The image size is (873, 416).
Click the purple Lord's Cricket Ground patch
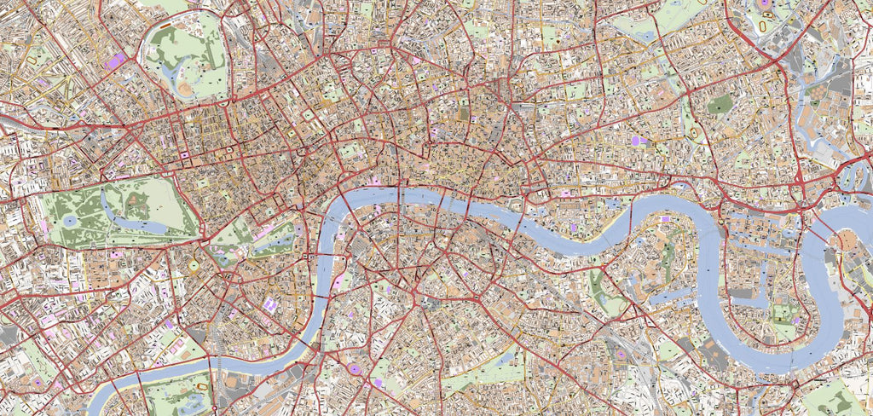pos(116,61)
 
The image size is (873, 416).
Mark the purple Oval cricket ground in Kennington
pos(354,368)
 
